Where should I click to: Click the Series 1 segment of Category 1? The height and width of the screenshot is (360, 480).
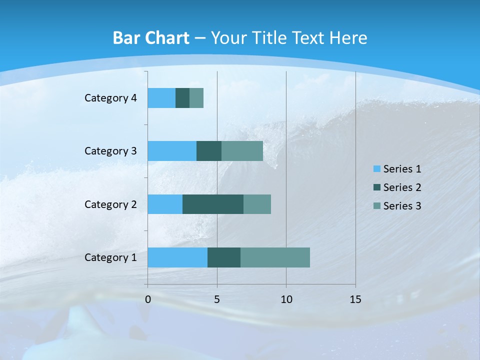177,257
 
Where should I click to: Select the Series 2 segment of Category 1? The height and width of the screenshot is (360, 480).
224,257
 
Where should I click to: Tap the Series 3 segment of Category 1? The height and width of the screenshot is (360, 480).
275,257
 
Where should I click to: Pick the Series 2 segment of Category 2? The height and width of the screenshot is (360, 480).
213,204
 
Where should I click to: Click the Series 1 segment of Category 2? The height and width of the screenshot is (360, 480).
165,204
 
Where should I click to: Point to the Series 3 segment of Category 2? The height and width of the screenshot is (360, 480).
257,204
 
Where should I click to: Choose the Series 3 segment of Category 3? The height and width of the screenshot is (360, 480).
242,151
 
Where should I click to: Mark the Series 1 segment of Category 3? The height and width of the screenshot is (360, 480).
172,151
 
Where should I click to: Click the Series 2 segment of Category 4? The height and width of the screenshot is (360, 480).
182,98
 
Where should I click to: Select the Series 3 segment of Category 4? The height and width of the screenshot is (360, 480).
196,98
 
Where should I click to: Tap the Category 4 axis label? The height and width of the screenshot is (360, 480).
110,98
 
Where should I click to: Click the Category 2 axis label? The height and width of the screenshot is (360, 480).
110,204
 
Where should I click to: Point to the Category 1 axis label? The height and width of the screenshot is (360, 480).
110,257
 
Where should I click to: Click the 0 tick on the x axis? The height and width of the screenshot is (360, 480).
148,299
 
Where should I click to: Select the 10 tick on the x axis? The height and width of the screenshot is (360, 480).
286,299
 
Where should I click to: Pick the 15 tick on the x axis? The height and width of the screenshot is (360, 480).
355,299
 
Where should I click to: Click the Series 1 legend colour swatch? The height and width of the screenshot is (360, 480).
376,169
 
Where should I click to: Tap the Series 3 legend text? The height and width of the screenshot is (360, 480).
402,206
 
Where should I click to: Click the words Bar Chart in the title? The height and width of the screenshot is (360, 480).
151,38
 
